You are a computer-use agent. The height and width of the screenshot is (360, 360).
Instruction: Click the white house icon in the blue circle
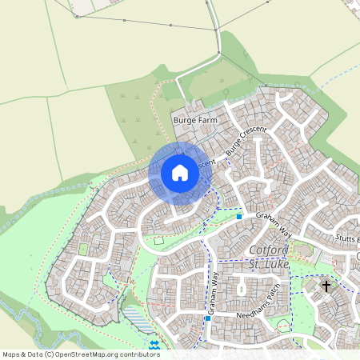[179, 172]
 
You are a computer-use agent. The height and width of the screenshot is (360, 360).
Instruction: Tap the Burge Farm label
[195, 119]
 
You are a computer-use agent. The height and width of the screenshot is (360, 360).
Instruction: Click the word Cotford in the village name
[256, 250]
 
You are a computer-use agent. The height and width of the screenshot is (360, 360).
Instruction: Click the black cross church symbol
[326, 285]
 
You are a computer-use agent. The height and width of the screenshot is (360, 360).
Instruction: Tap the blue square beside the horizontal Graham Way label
[239, 215]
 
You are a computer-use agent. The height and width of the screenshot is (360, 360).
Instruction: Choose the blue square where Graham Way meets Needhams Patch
[207, 318]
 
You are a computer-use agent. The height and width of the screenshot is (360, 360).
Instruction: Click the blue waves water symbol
[153, 345]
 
